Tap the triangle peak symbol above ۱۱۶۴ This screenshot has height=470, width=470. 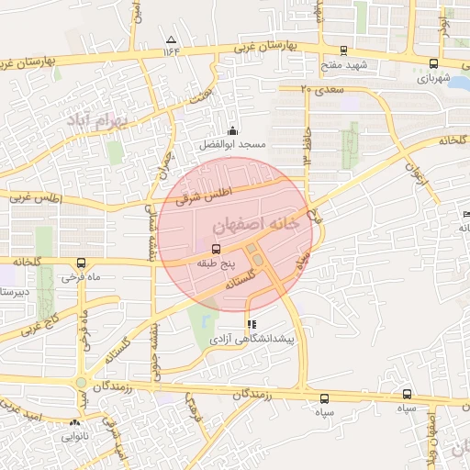pos(172,39)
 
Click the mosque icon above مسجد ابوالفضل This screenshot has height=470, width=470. pos(232,130)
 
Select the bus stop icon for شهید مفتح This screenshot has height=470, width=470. pos(344,51)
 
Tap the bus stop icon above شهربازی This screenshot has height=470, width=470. pos(433,63)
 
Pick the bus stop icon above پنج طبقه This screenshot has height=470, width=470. pos(216,248)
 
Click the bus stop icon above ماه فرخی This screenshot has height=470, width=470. pos(82,262)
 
